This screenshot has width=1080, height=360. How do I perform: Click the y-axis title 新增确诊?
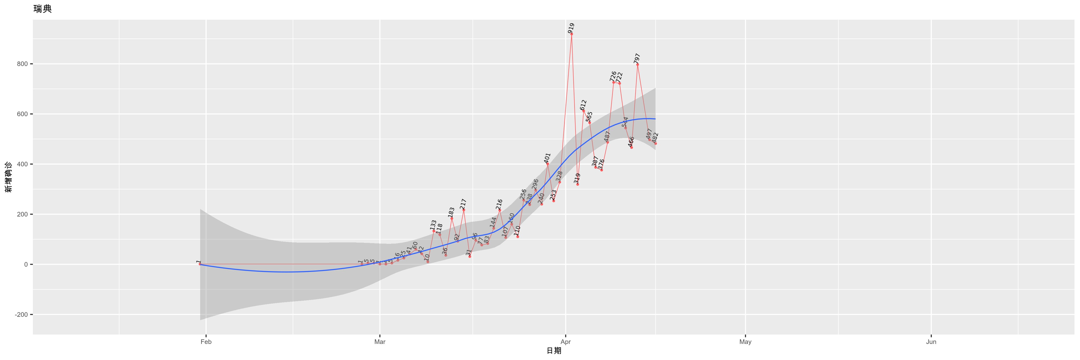(x=8, y=177)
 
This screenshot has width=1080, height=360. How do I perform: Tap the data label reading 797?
(x=637, y=58)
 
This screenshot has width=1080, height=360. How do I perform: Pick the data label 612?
(x=583, y=105)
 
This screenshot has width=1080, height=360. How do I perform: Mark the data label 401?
(x=547, y=158)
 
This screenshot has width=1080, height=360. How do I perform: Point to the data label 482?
(x=655, y=138)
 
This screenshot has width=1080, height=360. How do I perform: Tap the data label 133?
(x=433, y=225)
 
